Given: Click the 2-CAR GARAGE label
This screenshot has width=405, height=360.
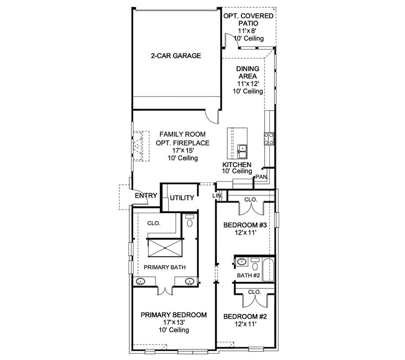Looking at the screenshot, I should [x=176, y=56].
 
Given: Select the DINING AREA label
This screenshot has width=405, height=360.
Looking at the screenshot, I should [x=248, y=72].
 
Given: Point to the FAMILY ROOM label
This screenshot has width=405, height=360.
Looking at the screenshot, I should [x=183, y=134].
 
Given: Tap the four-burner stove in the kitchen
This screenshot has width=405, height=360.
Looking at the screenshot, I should [x=269, y=138].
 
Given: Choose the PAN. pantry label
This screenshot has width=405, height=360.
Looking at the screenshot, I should [x=261, y=177].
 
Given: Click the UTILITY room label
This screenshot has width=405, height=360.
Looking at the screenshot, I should [x=181, y=198].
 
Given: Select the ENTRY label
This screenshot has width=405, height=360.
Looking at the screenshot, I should [x=146, y=196].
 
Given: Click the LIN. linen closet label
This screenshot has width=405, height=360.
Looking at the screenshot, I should [x=218, y=196].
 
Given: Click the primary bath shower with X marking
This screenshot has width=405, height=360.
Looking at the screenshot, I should [x=164, y=248].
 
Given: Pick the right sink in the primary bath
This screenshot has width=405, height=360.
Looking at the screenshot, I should [x=189, y=282].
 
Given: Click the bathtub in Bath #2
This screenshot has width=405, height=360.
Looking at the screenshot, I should [x=268, y=270].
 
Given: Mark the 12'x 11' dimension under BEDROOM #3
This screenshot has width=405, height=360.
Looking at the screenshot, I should [x=245, y=233].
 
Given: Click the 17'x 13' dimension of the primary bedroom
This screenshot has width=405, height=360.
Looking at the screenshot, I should [x=174, y=322].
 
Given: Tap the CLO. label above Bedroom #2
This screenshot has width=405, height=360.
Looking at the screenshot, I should [x=255, y=292].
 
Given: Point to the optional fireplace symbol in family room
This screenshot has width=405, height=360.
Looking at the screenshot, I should [x=139, y=146].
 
